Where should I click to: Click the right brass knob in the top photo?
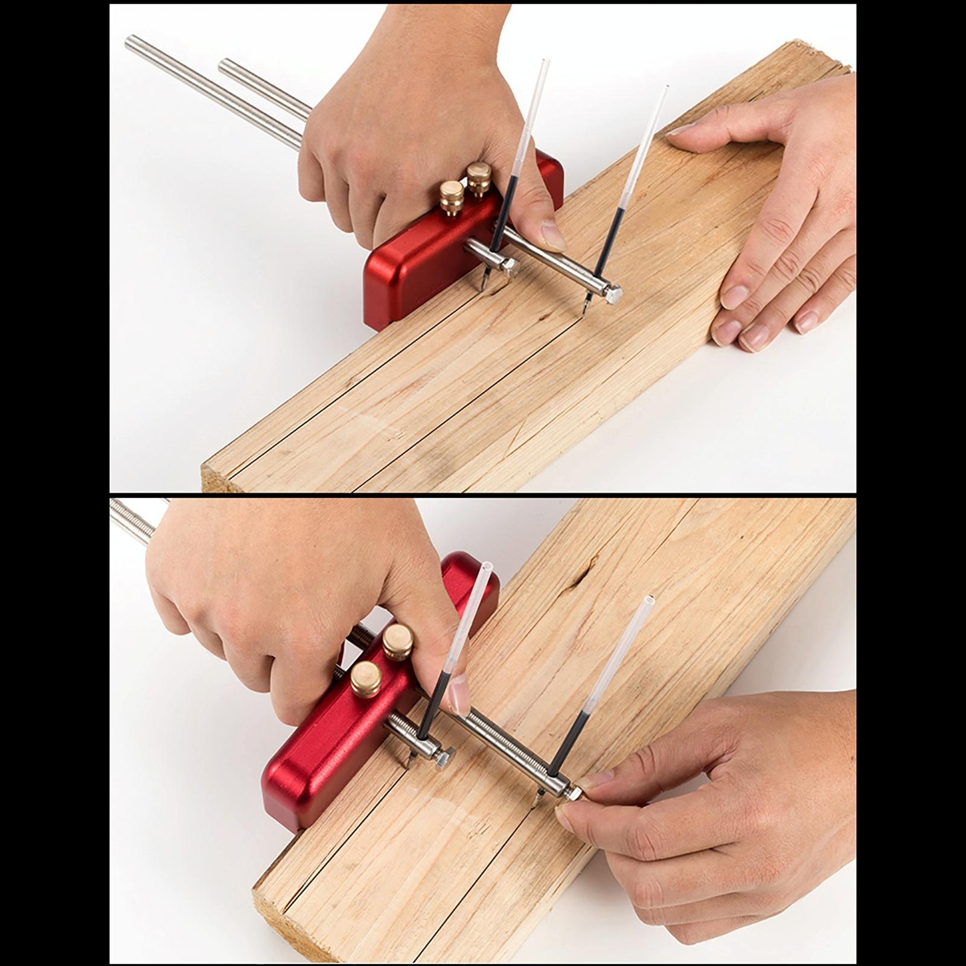[479, 177]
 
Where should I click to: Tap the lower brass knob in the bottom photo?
[366, 677]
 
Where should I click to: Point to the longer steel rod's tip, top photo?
[130, 42]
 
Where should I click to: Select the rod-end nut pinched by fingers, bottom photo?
[574, 792]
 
